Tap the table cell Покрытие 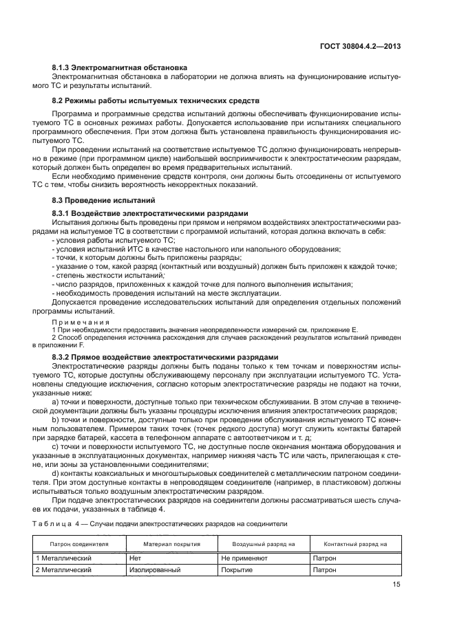[237, 569]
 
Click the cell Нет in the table [135, 558]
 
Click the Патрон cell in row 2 [324, 569]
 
